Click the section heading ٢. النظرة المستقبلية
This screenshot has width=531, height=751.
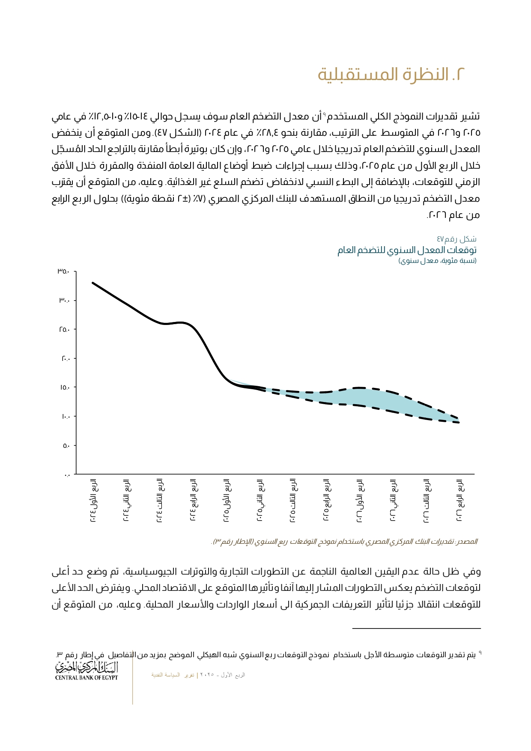[x=391, y=75]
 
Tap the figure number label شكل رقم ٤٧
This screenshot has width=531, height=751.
[x=456, y=239]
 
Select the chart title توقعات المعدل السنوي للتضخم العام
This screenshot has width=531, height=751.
[x=407, y=250]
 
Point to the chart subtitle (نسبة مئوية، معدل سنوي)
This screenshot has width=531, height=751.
[x=437, y=261]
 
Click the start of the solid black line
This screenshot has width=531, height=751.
[x=93, y=283]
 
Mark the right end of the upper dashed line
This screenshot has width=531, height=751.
[x=459, y=419]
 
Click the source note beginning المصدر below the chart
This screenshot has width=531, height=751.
[x=344, y=542]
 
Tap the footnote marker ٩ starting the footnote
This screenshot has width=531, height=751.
[x=480, y=653]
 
